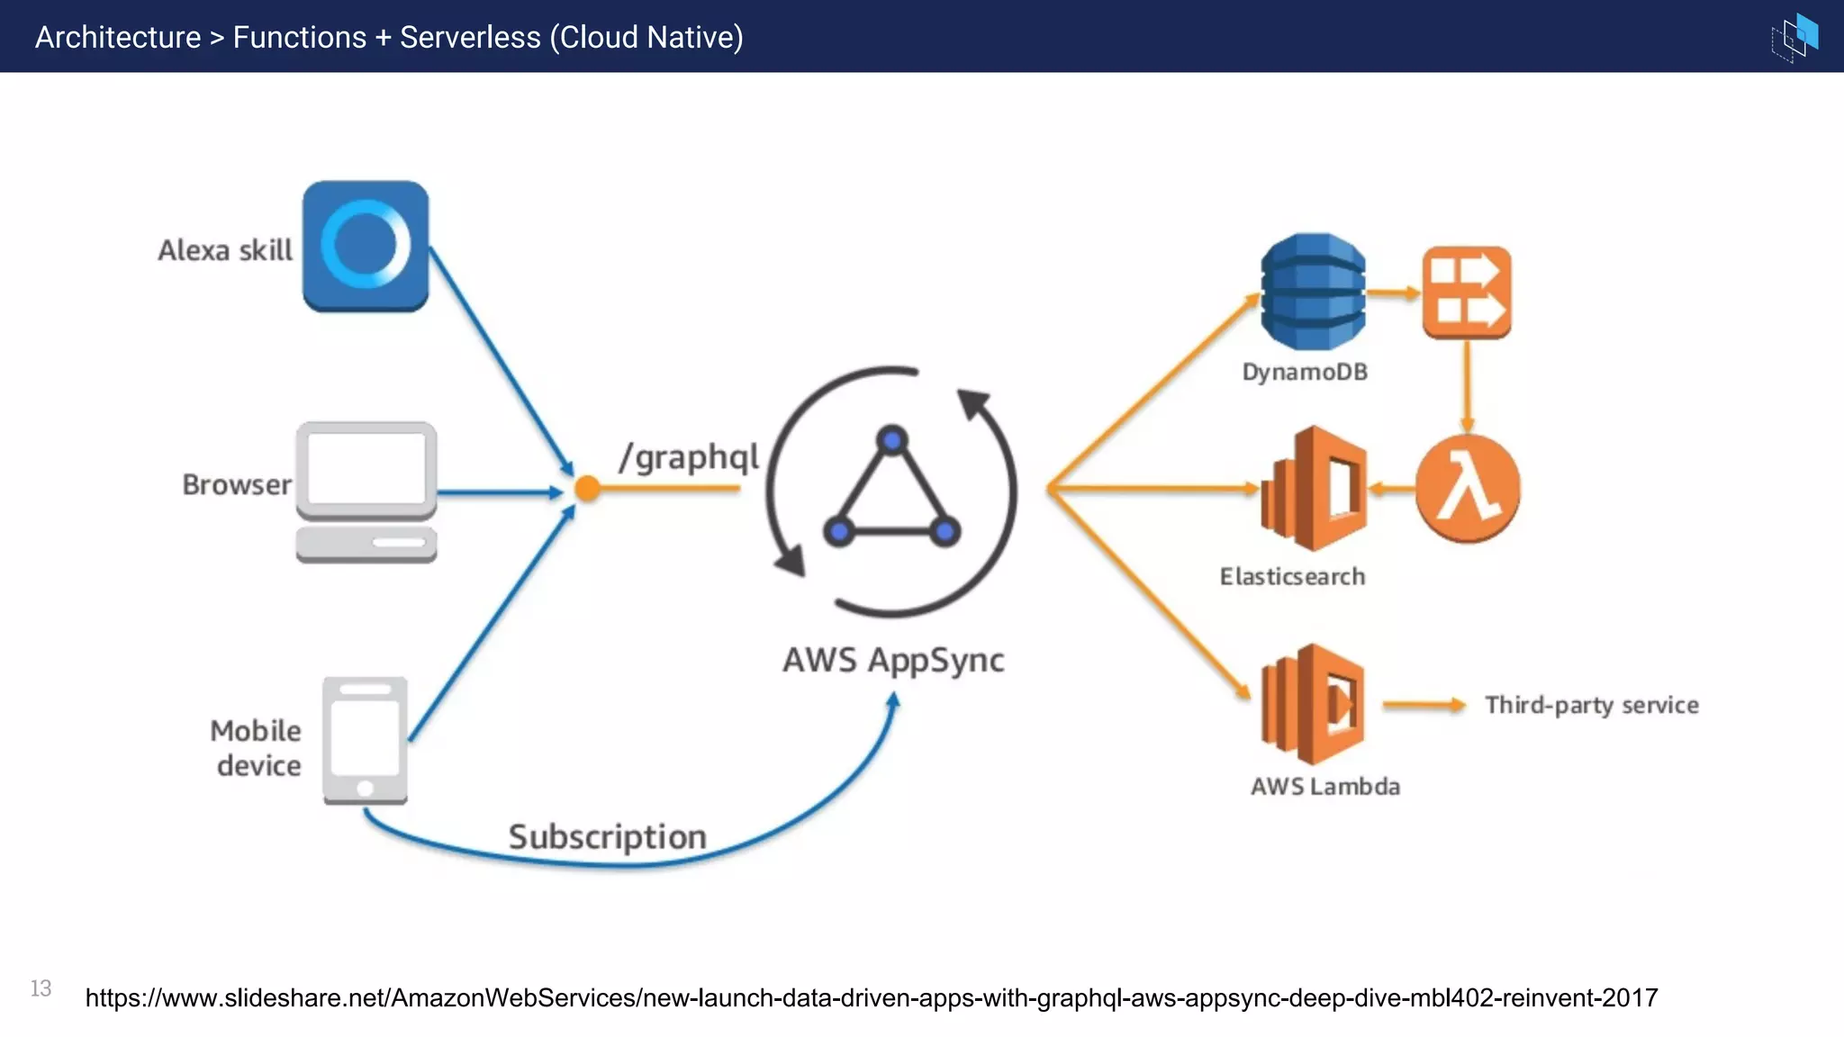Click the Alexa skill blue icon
pos(366,246)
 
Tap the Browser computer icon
pos(366,491)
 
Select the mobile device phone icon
pos(365,740)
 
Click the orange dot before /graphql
pos(587,489)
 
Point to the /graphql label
pos(689,457)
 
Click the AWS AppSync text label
pos(892,661)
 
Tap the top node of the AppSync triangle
pos(891,440)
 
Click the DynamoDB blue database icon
pos(1313,292)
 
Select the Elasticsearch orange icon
pos(1315,489)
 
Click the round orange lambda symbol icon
pos(1468,489)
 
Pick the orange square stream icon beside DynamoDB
pos(1467,293)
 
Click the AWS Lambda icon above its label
pos(1313,704)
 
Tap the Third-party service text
pos(1591,705)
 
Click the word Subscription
pos(607,837)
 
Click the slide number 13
pos(41,988)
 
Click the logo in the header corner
pos(1795,37)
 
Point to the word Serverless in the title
pos(470,38)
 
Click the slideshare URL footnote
pos(871,997)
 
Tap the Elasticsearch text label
pos(1292,577)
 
